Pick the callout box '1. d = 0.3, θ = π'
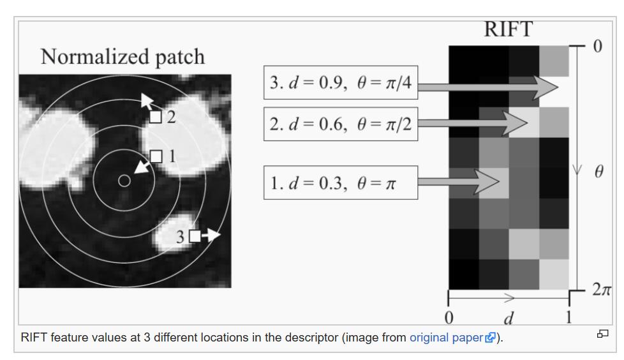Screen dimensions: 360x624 point(340,183)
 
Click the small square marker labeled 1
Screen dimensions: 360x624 point(156,156)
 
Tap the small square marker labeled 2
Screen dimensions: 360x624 point(156,117)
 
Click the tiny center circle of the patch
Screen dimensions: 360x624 point(124,181)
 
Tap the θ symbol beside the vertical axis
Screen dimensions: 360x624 point(598,172)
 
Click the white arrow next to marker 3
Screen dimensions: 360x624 point(212,236)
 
